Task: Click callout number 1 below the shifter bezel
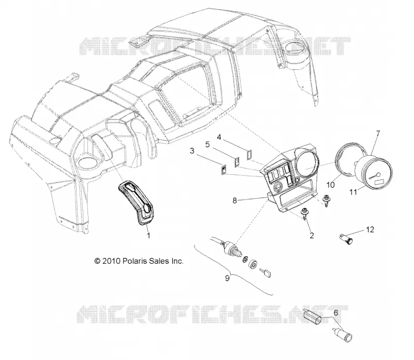[x=149, y=235]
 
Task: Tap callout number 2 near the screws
[x=312, y=235]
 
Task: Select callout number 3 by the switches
[x=192, y=151]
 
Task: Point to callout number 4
[x=219, y=137]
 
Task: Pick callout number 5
[x=208, y=144]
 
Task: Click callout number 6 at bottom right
[x=336, y=313]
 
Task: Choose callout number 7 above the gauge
[x=378, y=133]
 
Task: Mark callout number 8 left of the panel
[x=235, y=201]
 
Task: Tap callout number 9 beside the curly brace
[x=227, y=278]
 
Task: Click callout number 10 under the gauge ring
[x=330, y=185]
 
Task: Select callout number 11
[x=353, y=192]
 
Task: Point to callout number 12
[x=370, y=230]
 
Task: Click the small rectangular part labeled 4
[x=248, y=155]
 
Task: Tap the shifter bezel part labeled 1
[x=137, y=202]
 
